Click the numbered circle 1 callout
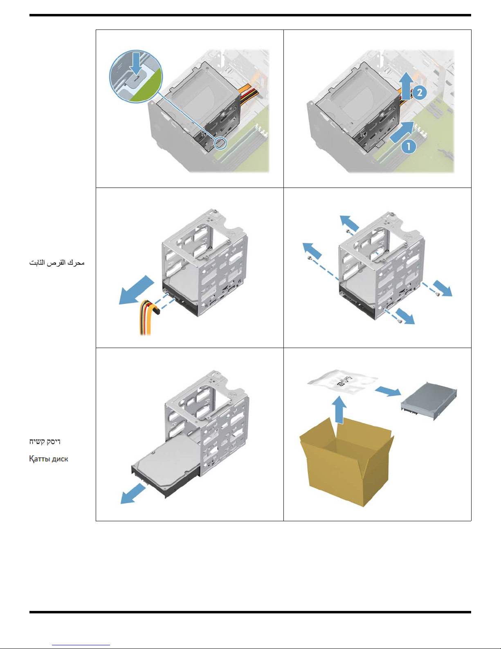tap(409, 146)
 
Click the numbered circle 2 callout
tap(419, 92)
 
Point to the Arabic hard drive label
tap(57, 263)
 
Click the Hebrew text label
tap(45, 441)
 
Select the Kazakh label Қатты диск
tap(49, 459)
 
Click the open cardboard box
tap(346, 461)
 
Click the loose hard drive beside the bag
tap(429, 401)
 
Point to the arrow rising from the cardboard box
tap(339, 409)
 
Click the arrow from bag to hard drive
tap(388, 391)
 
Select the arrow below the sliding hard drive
tap(133, 493)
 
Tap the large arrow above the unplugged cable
tap(137, 290)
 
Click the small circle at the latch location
tap(221, 143)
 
